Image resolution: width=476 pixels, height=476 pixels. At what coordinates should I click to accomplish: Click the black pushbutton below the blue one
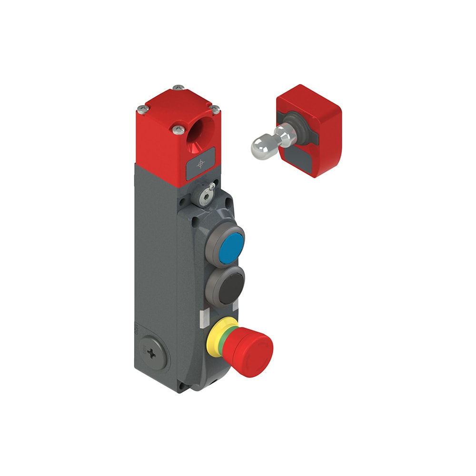click(225, 286)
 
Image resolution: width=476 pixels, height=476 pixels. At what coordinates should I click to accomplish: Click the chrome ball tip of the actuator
click(259, 146)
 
